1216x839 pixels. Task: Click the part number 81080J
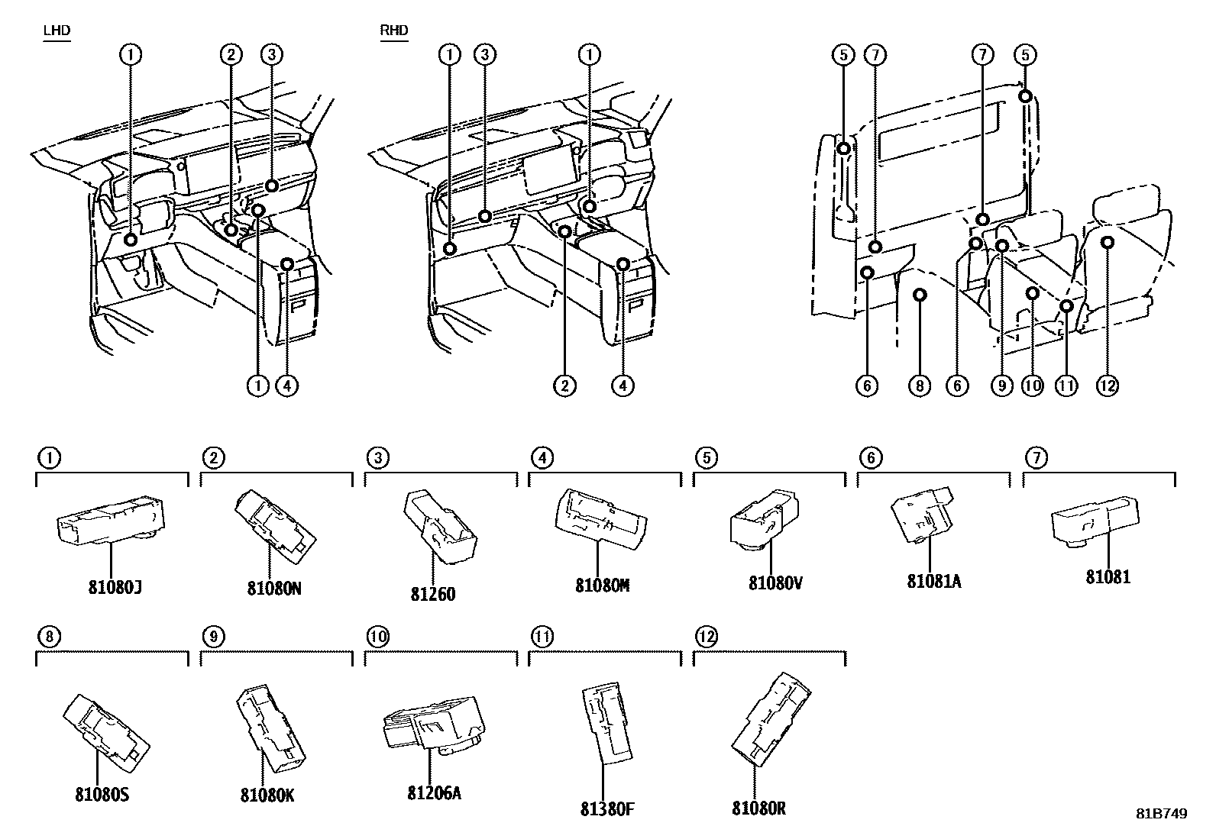[115, 589]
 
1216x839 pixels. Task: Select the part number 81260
[432, 593]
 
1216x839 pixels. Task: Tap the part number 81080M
[603, 586]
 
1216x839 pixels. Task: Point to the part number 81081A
[933, 581]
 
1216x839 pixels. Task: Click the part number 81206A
[434, 792]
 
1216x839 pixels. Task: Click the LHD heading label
[57, 31]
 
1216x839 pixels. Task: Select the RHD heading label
[394, 31]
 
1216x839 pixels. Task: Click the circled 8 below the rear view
[920, 386]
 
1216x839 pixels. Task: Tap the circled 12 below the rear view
[1107, 386]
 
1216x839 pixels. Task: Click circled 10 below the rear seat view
[1033, 386]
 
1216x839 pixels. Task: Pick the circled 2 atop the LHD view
[231, 54]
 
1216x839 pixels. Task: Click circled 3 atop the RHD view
[484, 54]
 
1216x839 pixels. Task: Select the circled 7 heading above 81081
[1036, 458]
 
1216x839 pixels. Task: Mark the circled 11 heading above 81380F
[542, 636]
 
